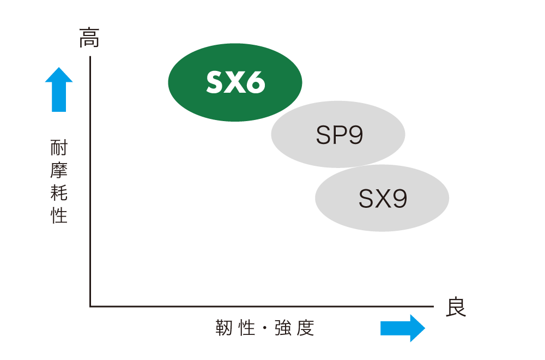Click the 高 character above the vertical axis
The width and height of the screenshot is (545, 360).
coord(89,38)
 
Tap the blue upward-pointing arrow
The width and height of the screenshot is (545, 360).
coord(59,89)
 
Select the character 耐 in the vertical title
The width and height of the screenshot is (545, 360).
coord(59,147)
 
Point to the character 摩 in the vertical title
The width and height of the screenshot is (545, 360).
coord(59,170)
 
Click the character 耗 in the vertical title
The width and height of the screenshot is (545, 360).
coord(59,193)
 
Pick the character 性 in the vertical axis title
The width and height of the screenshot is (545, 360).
coord(59,215)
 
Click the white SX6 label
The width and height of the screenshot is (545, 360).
coord(235,82)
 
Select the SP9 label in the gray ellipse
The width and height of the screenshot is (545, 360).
coord(339,135)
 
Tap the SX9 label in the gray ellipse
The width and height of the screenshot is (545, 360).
coord(383,199)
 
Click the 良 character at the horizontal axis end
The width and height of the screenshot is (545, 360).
coord(456,307)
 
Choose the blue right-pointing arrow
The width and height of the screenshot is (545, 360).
coord(403,328)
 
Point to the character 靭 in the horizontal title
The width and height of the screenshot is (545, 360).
coord(224,328)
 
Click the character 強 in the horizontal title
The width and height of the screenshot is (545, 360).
coord(283,328)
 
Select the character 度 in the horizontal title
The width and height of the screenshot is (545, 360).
coord(306,328)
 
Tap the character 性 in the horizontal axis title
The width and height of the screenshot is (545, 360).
coord(247,328)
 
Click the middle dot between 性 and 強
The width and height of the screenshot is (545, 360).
coord(265,328)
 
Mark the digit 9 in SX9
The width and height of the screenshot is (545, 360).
coord(399,199)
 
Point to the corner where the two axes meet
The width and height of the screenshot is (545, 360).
coord(90,307)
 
